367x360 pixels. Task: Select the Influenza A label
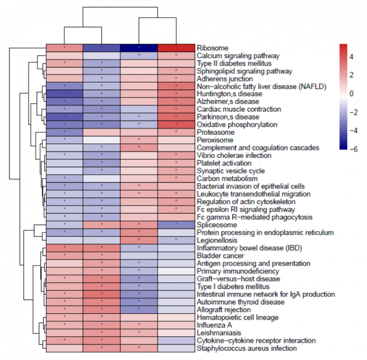click(213, 325)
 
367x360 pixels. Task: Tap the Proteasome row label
click(213, 132)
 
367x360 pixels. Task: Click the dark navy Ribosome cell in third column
click(139, 48)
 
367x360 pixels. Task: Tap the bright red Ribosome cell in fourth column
click(176, 48)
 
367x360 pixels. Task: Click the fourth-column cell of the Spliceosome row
click(176, 225)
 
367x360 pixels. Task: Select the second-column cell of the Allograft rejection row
click(102, 310)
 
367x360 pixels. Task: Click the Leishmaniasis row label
click(217, 333)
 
